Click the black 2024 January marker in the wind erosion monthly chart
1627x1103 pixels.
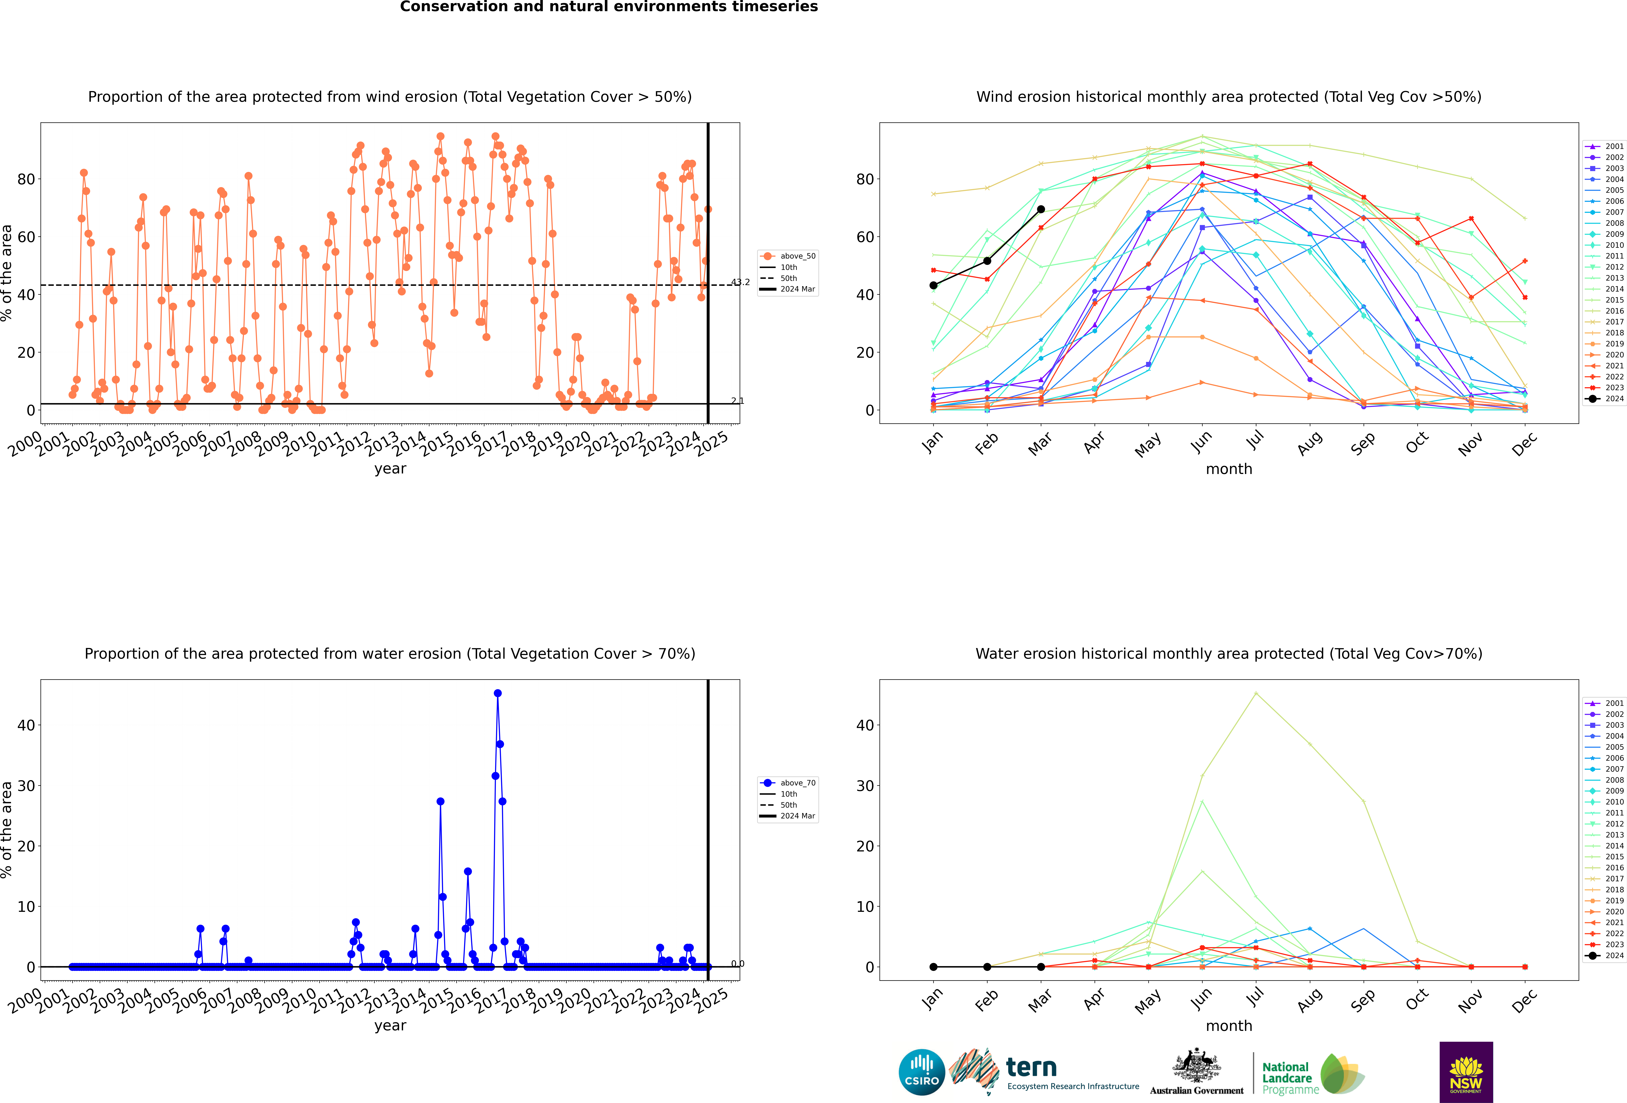click(933, 285)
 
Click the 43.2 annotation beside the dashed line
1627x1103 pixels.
click(741, 282)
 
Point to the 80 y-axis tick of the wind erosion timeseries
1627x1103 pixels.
click(26, 179)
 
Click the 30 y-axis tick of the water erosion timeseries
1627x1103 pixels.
click(26, 786)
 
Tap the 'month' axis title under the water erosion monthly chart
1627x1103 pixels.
click(1229, 1026)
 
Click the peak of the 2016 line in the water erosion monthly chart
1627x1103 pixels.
click(1256, 693)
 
